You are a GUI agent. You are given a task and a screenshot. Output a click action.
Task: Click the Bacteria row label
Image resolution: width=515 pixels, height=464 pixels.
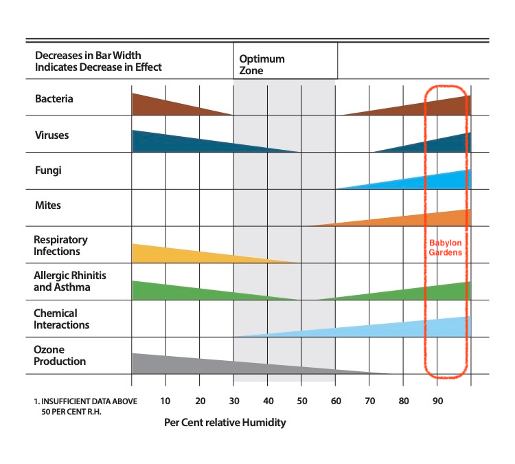(54, 99)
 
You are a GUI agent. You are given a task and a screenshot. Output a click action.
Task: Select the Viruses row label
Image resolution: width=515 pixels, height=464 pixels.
(51, 135)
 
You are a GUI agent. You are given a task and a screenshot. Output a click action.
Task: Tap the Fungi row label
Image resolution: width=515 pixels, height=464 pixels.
(48, 170)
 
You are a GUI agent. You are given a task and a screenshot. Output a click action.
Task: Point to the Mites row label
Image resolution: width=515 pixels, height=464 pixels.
(48, 205)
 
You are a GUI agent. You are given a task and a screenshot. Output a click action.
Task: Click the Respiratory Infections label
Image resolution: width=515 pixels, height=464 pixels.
(61, 245)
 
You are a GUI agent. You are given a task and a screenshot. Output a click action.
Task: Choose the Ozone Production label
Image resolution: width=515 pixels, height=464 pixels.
(60, 355)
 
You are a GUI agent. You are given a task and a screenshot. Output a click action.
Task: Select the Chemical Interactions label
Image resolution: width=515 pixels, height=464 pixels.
(62, 319)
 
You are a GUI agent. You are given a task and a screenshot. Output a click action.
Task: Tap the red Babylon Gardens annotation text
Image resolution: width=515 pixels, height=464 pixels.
(445, 247)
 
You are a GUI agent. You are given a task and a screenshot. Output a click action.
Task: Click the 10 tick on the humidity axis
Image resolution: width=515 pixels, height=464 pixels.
(165, 401)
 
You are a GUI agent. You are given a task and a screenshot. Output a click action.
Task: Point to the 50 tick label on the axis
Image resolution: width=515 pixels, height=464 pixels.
(301, 401)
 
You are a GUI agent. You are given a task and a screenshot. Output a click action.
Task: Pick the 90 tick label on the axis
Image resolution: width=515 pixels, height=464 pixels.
(437, 401)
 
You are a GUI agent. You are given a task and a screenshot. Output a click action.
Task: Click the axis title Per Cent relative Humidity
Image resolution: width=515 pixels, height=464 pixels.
(225, 423)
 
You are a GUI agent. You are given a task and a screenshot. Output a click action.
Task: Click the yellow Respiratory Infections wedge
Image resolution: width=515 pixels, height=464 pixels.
(179, 254)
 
